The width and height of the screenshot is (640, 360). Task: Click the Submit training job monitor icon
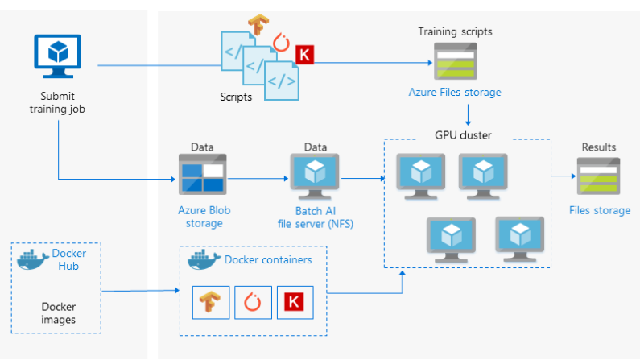pos(58,57)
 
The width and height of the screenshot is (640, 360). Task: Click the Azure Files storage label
pos(454,93)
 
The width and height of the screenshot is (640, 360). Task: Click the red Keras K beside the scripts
pos(305,55)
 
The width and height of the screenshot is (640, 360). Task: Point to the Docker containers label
pos(267,259)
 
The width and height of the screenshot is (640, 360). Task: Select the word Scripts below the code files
pos(235,97)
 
